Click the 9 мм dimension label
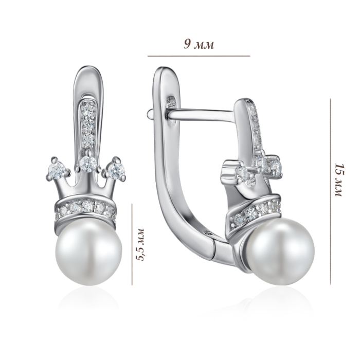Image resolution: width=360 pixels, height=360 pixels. pos(199,44)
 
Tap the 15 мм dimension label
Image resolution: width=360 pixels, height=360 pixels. pos(339,180)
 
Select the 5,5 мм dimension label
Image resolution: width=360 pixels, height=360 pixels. pos(140,244)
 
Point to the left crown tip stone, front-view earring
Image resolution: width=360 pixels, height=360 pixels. pos(57,170)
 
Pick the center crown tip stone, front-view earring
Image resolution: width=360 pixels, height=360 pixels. pos(87,164)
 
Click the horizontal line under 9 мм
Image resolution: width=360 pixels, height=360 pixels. pos(199,56)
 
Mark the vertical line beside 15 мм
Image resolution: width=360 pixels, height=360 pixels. pos(331,192)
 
